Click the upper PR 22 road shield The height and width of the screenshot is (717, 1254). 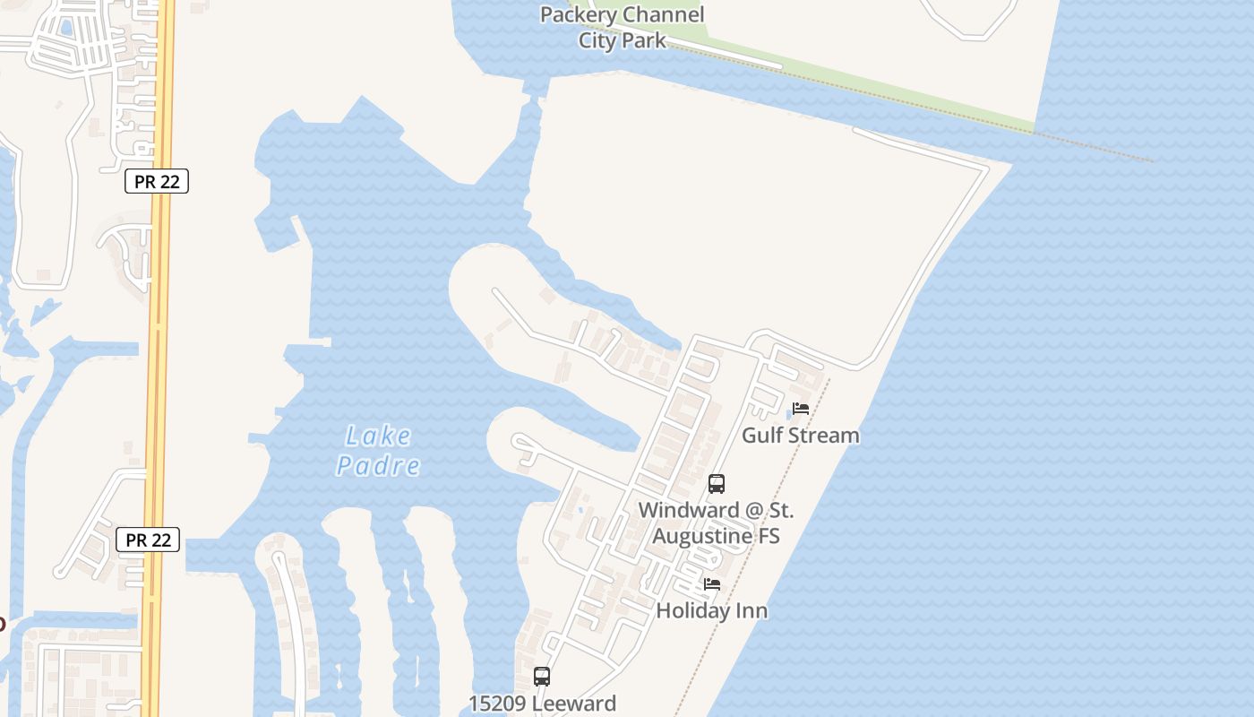point(156,181)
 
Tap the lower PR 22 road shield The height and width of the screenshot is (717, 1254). point(148,540)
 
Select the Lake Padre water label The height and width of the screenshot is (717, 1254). point(378,451)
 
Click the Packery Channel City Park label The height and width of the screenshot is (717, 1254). point(622,27)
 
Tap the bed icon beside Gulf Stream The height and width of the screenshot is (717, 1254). point(801,409)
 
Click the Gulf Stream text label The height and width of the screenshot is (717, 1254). point(801,436)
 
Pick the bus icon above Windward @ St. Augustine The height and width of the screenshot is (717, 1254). point(717,484)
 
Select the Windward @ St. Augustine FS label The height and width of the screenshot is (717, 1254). point(716,523)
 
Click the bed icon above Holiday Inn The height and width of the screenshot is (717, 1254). point(712,584)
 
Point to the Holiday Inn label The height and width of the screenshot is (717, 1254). point(712,611)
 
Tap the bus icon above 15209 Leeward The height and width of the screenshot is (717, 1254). point(542,677)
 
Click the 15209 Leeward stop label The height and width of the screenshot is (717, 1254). point(542,704)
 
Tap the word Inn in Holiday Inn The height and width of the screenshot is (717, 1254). point(752,611)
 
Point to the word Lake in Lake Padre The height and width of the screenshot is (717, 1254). point(379,436)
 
